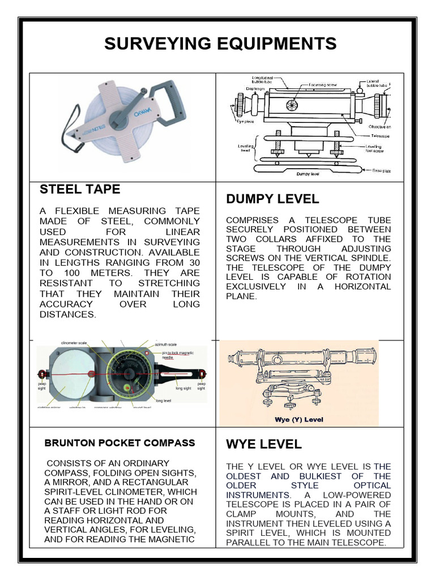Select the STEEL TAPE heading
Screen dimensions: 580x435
(x=79, y=189)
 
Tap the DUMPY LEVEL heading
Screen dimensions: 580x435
(x=272, y=199)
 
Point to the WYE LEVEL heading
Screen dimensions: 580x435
(x=263, y=443)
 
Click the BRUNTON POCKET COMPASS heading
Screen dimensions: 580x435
(x=120, y=443)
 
